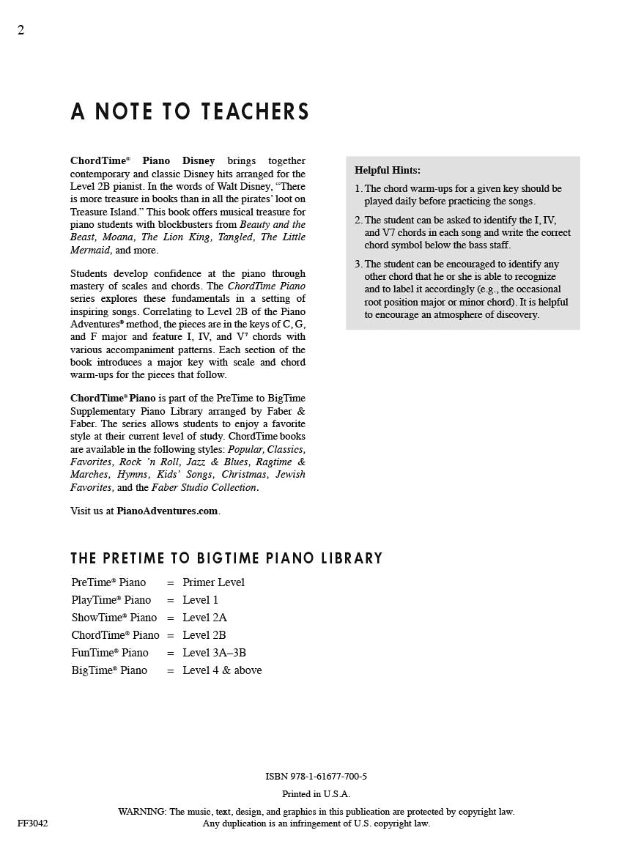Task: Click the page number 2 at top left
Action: [21, 30]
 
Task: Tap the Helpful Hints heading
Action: [388, 170]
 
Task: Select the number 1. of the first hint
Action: [358, 188]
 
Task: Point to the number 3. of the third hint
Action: [358, 264]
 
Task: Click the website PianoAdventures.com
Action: [167, 511]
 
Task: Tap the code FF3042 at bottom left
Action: [33, 823]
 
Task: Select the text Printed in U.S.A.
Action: [316, 794]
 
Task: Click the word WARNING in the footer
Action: [142, 812]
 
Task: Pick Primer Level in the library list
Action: [213, 582]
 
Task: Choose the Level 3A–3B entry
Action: [214, 653]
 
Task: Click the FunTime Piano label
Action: [110, 653]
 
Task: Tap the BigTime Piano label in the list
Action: [109, 670]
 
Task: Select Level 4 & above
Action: [222, 670]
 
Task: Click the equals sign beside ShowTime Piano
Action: [170, 618]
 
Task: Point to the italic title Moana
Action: [118, 237]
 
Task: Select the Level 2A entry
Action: [204, 618]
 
